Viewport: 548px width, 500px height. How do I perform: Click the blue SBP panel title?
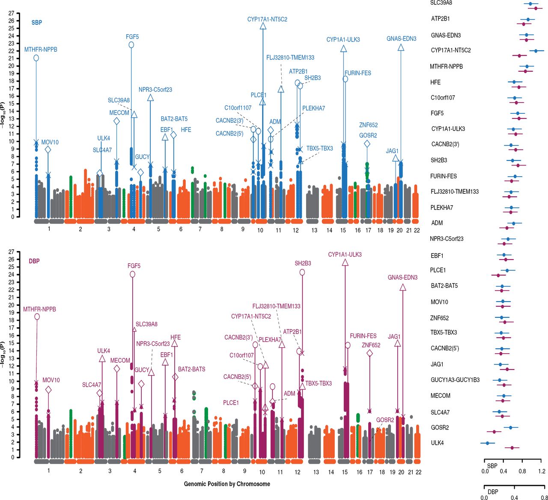tap(37, 23)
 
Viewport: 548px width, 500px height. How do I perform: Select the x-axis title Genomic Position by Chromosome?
tap(227, 484)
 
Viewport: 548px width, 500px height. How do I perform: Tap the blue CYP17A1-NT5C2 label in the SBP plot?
tap(267, 19)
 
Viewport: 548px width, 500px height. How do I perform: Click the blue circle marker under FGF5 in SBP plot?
tap(131, 45)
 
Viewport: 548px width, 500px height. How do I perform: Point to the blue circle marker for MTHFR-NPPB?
tap(36, 58)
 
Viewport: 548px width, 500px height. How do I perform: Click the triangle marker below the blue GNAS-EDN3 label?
tap(401, 47)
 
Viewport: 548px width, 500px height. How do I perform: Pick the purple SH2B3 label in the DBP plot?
tap(303, 263)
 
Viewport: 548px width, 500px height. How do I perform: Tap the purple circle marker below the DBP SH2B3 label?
tap(302, 272)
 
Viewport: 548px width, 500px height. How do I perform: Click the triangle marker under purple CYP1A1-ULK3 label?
tap(345, 263)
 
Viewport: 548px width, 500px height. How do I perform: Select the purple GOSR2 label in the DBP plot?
tap(385, 420)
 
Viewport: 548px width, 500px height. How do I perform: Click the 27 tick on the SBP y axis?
tap(11, 13)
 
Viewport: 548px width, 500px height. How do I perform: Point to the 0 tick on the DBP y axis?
tap(11, 457)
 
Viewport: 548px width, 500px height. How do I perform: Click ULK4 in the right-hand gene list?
tap(438, 443)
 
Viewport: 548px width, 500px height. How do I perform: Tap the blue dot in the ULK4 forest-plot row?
tap(487, 443)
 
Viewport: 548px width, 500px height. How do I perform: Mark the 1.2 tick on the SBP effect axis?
tap(542, 471)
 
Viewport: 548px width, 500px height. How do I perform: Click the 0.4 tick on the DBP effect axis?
tap(514, 498)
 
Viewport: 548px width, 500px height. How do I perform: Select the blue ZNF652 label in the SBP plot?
tap(369, 125)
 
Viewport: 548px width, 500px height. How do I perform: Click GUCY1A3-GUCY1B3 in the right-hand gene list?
tap(455, 380)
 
